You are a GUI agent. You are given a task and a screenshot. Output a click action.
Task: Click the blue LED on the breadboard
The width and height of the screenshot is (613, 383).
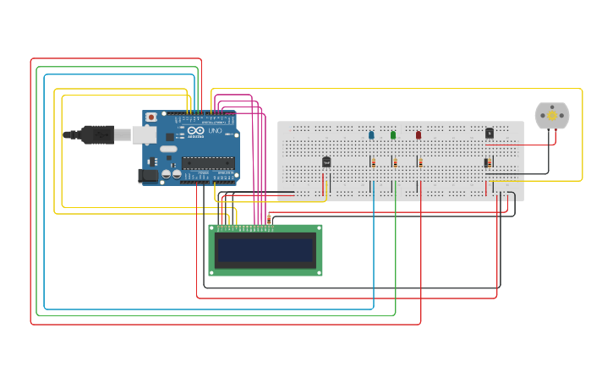coord(371,134)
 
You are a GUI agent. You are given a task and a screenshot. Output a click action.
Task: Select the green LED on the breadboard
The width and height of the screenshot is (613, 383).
coord(393,134)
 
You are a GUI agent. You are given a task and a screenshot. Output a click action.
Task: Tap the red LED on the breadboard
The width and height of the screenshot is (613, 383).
coord(418,134)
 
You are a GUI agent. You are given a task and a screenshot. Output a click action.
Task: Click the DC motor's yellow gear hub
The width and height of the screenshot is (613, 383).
coord(552,115)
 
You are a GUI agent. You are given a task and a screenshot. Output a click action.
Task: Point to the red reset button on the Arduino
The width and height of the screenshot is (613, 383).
coord(151,118)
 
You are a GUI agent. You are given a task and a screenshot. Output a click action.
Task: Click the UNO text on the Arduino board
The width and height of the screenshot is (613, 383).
coord(215,131)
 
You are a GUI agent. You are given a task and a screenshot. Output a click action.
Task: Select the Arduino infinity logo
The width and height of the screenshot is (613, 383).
coord(195,131)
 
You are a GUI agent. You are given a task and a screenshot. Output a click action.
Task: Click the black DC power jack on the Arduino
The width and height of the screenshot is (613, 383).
coord(148,175)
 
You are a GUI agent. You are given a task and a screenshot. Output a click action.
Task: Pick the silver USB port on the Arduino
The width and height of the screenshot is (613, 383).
coord(143,134)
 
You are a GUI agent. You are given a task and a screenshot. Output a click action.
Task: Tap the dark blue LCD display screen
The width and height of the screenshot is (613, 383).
coord(265,250)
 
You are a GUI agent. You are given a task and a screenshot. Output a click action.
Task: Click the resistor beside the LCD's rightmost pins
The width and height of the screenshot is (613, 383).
coord(269,219)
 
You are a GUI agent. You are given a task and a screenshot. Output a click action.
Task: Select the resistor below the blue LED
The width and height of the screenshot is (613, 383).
coord(373,162)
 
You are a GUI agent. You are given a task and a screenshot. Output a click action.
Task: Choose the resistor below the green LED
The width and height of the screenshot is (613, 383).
coord(394,162)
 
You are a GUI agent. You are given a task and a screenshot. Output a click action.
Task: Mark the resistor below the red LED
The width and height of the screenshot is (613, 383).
coord(420,162)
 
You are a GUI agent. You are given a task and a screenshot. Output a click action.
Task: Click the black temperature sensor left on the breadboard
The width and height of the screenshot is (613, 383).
coord(326,161)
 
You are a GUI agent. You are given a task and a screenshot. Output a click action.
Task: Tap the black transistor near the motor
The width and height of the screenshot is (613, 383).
coord(490,133)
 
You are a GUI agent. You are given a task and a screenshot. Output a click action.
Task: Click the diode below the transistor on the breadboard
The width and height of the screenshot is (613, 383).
coord(487,162)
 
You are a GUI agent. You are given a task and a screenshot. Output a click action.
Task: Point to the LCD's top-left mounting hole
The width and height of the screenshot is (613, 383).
coord(213,228)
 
